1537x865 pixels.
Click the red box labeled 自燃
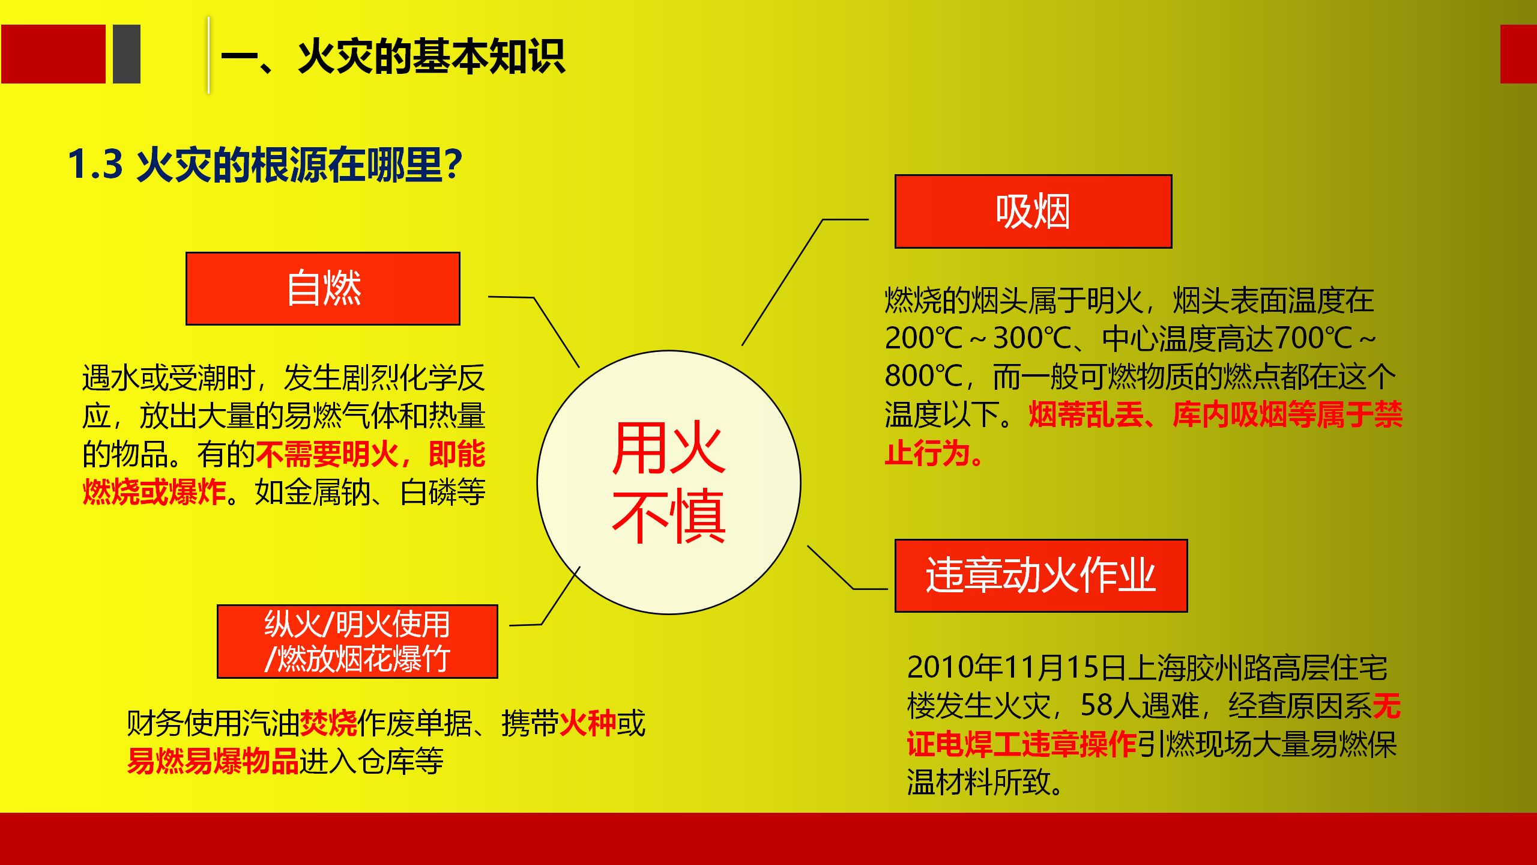(323, 288)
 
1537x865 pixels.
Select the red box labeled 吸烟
(1033, 211)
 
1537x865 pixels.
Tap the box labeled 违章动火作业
(1041, 575)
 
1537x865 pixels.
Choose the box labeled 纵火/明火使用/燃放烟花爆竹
(357, 642)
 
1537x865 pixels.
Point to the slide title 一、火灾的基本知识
(393, 56)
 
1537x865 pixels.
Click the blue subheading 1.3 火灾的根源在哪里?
(265, 165)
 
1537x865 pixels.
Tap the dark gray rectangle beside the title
(127, 54)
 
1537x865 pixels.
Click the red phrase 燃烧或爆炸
(154, 492)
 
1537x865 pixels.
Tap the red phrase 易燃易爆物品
(213, 761)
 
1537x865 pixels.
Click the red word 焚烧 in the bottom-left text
(328, 723)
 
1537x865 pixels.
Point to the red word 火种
(588, 723)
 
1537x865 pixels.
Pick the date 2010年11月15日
(1018, 667)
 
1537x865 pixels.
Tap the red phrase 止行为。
(935, 453)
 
